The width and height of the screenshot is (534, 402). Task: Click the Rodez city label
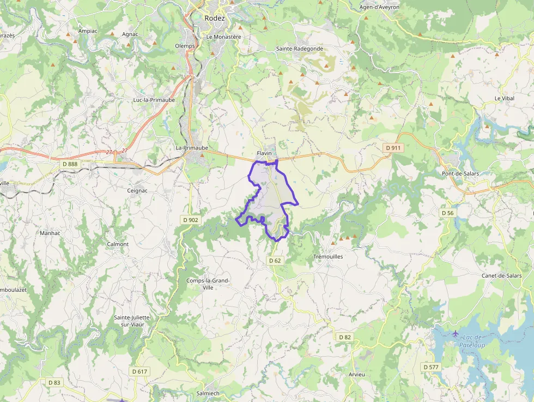click(x=215, y=18)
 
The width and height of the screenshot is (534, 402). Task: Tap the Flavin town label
click(x=264, y=153)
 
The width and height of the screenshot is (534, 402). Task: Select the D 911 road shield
click(x=392, y=148)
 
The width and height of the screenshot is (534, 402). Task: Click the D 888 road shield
click(x=70, y=164)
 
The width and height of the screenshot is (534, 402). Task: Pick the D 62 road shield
click(x=275, y=261)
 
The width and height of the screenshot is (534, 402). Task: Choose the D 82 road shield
click(x=344, y=337)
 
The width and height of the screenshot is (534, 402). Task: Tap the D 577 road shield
click(x=430, y=367)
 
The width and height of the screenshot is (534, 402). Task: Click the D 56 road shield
click(x=447, y=213)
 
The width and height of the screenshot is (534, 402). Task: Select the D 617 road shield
click(x=139, y=371)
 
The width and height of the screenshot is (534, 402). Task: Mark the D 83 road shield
click(x=54, y=382)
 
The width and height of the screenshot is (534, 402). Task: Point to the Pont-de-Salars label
click(x=460, y=174)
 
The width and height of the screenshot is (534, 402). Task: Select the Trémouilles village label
click(x=328, y=256)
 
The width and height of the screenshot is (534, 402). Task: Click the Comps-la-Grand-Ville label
click(x=208, y=284)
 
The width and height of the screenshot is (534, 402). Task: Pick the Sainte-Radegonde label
click(x=299, y=49)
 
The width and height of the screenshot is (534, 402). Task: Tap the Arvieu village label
click(x=357, y=375)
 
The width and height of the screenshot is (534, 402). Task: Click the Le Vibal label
click(x=504, y=98)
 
